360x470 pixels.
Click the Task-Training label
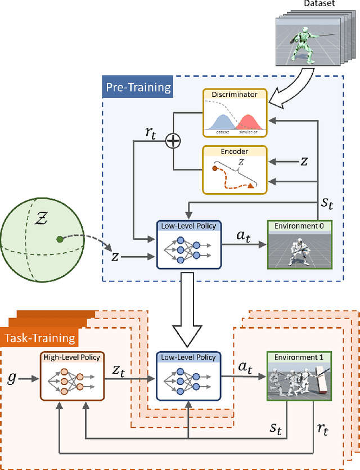click(39, 338)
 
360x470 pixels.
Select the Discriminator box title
click(235, 95)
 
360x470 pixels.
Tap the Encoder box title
click(235, 151)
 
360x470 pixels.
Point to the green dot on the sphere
click(59, 240)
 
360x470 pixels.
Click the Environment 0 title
click(299, 225)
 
